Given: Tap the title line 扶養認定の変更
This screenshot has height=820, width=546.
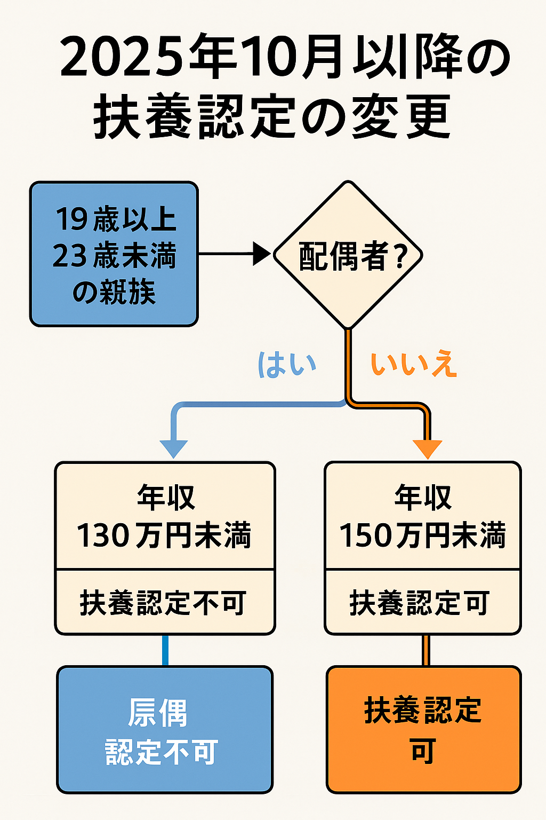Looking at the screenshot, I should [x=272, y=117].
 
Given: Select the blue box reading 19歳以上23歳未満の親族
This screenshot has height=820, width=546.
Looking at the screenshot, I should [x=114, y=254].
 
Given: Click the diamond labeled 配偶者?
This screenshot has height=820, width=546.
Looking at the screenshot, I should [x=348, y=255].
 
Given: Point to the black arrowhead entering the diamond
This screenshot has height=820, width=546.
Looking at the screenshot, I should [x=261, y=254].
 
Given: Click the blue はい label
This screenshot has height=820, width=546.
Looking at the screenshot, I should [x=287, y=365].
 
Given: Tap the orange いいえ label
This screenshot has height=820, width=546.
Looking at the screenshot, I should [x=414, y=365].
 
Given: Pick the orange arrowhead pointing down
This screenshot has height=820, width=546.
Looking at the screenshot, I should [x=428, y=448].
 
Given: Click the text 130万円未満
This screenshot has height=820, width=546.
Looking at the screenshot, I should [x=164, y=535].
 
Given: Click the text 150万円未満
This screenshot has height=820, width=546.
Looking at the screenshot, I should [x=422, y=535].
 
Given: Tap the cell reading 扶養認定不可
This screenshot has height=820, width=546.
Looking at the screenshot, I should [x=164, y=603].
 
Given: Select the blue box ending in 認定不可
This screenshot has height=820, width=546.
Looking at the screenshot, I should [x=165, y=729].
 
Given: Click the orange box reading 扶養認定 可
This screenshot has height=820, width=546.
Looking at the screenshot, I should [x=423, y=729].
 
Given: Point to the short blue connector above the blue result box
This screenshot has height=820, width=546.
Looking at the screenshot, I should [x=165, y=650].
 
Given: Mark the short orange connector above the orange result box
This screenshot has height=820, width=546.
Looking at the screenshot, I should [x=425, y=650].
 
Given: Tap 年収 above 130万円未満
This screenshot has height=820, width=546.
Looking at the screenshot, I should [x=166, y=498].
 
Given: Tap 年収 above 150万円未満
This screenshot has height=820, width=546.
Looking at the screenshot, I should [x=423, y=498].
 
